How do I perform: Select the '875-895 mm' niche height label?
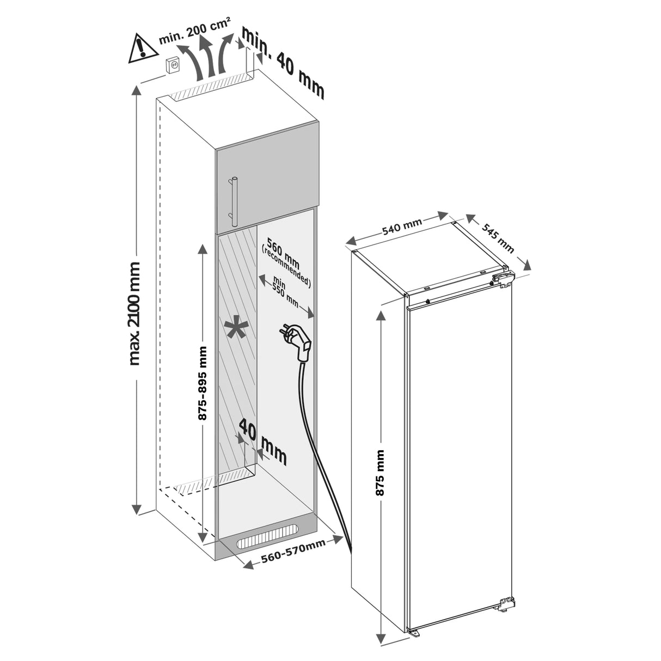(x=202, y=383)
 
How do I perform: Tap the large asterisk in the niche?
(x=235, y=328)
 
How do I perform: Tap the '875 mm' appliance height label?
(x=380, y=473)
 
